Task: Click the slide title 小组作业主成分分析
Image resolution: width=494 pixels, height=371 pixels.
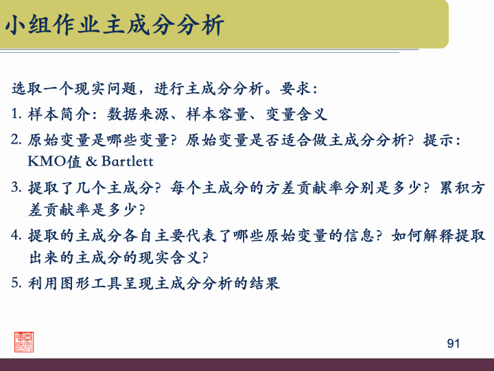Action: tap(115, 25)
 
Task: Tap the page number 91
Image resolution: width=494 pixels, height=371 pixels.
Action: tap(453, 343)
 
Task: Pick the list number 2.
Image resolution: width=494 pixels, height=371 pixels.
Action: tap(16, 139)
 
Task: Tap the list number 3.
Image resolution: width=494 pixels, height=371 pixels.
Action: tap(16, 187)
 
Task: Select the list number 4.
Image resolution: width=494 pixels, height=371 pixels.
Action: tap(16, 235)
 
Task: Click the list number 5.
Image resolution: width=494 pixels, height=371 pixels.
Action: tap(16, 283)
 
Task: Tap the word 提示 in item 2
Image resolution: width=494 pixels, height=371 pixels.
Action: tap(439, 139)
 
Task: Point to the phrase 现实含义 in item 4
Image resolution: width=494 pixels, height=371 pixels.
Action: tap(170, 259)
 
